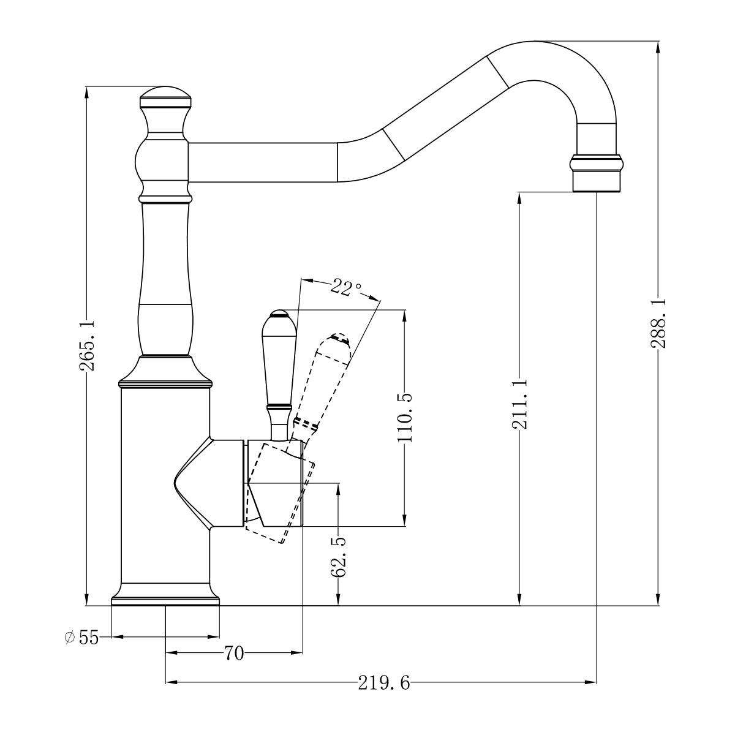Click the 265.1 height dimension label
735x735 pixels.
pos(86,345)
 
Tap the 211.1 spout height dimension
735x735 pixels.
pos(519,404)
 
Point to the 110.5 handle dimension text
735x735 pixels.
pos(405,418)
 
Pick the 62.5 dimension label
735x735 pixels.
pos(338,557)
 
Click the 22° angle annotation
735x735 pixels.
pos(345,287)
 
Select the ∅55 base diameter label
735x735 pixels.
pos(81,638)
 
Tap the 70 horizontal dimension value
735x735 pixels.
pos(234,654)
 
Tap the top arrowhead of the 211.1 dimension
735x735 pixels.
pos(519,198)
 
